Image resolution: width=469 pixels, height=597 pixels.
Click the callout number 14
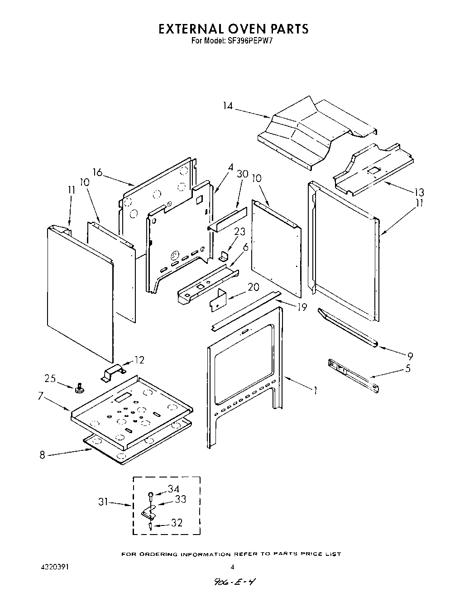[x=227, y=106]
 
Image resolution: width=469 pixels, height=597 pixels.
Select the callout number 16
[x=97, y=172]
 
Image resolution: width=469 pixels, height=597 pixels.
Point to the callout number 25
[x=51, y=378]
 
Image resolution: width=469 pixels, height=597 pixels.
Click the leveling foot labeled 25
[x=81, y=387]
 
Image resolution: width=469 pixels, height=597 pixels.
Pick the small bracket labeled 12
[x=112, y=374]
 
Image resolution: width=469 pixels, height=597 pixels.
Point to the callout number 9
[x=410, y=356]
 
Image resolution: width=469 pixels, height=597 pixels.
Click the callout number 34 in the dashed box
[x=173, y=489]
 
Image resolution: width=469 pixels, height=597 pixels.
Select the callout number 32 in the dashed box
[x=176, y=523]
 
